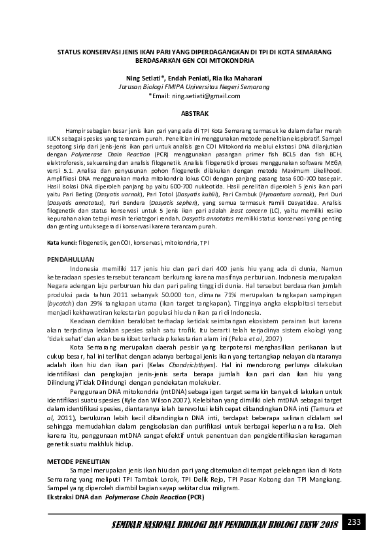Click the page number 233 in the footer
click(354, 522)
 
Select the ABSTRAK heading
click(194, 113)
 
